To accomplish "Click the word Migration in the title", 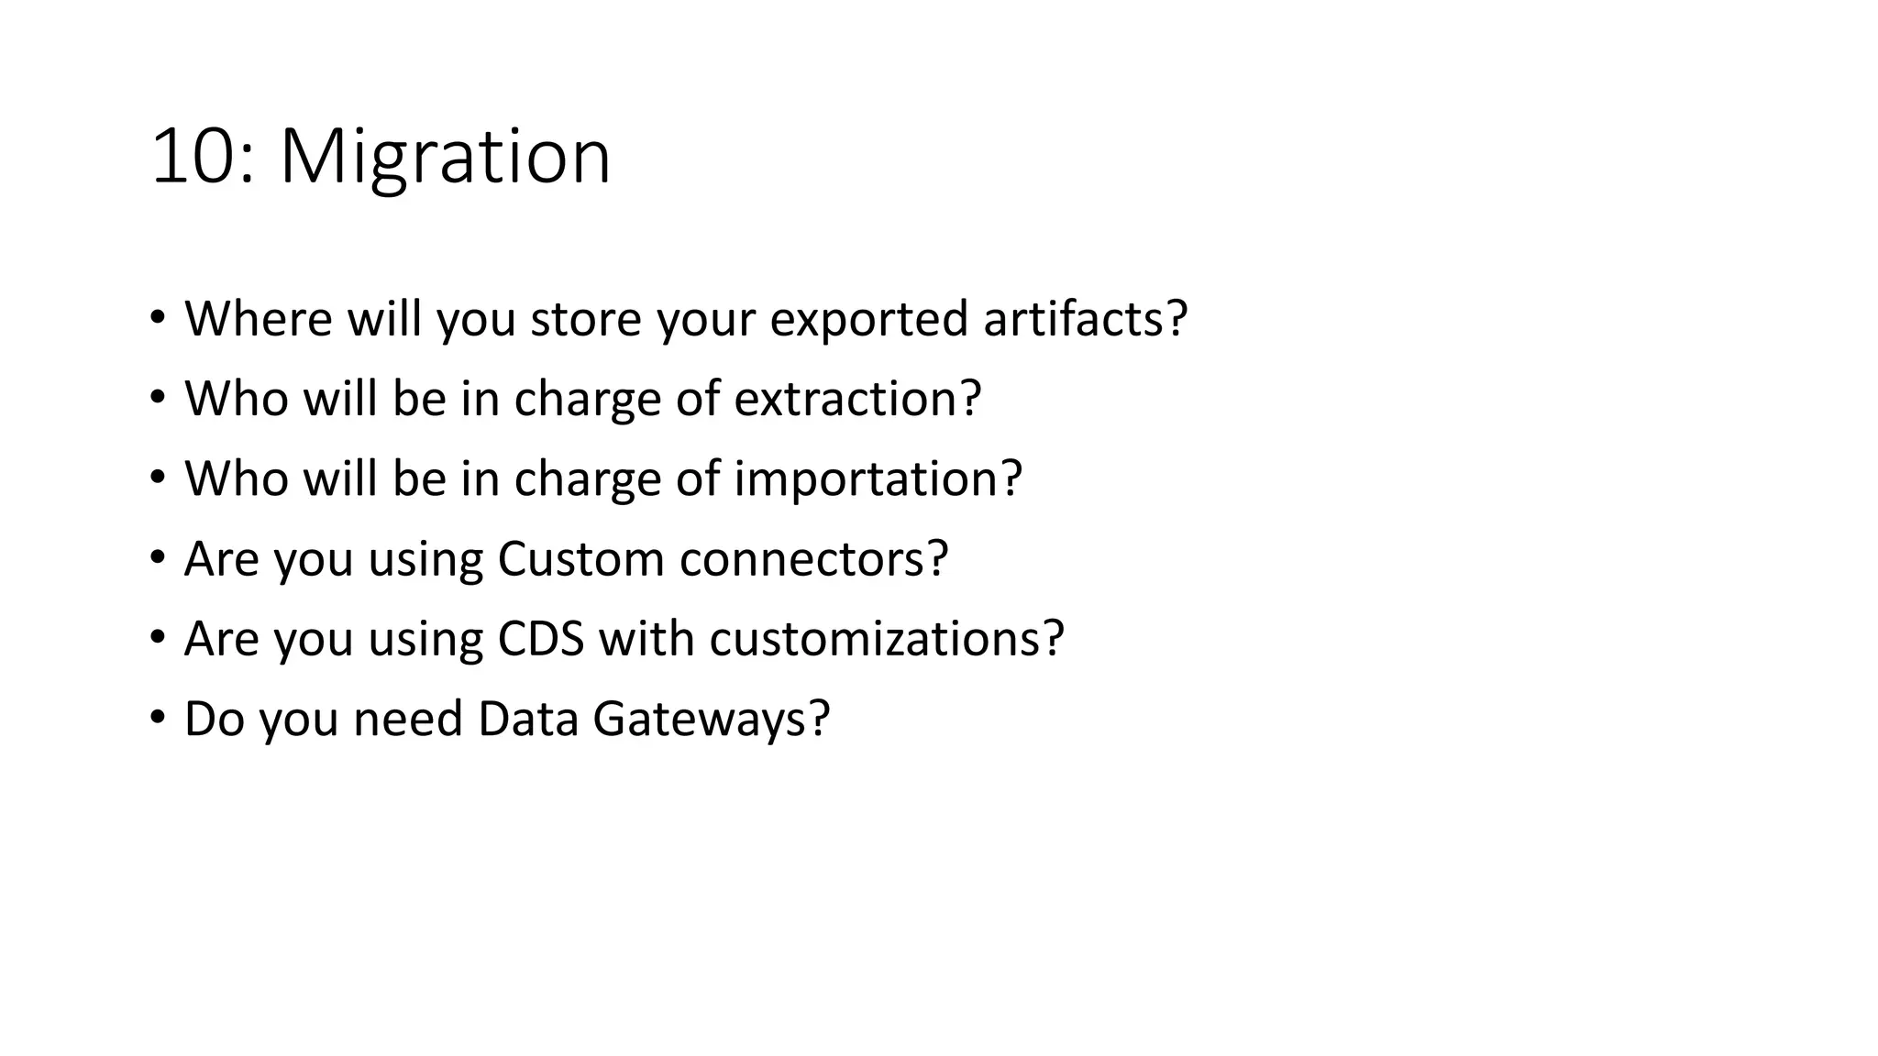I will (x=445, y=158).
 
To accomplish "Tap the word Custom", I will (x=580, y=558).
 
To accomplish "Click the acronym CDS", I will (x=541, y=638).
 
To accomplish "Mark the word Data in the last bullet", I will (x=528, y=718).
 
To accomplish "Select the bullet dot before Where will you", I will (x=158, y=318).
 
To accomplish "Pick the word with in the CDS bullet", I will (x=646, y=638).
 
